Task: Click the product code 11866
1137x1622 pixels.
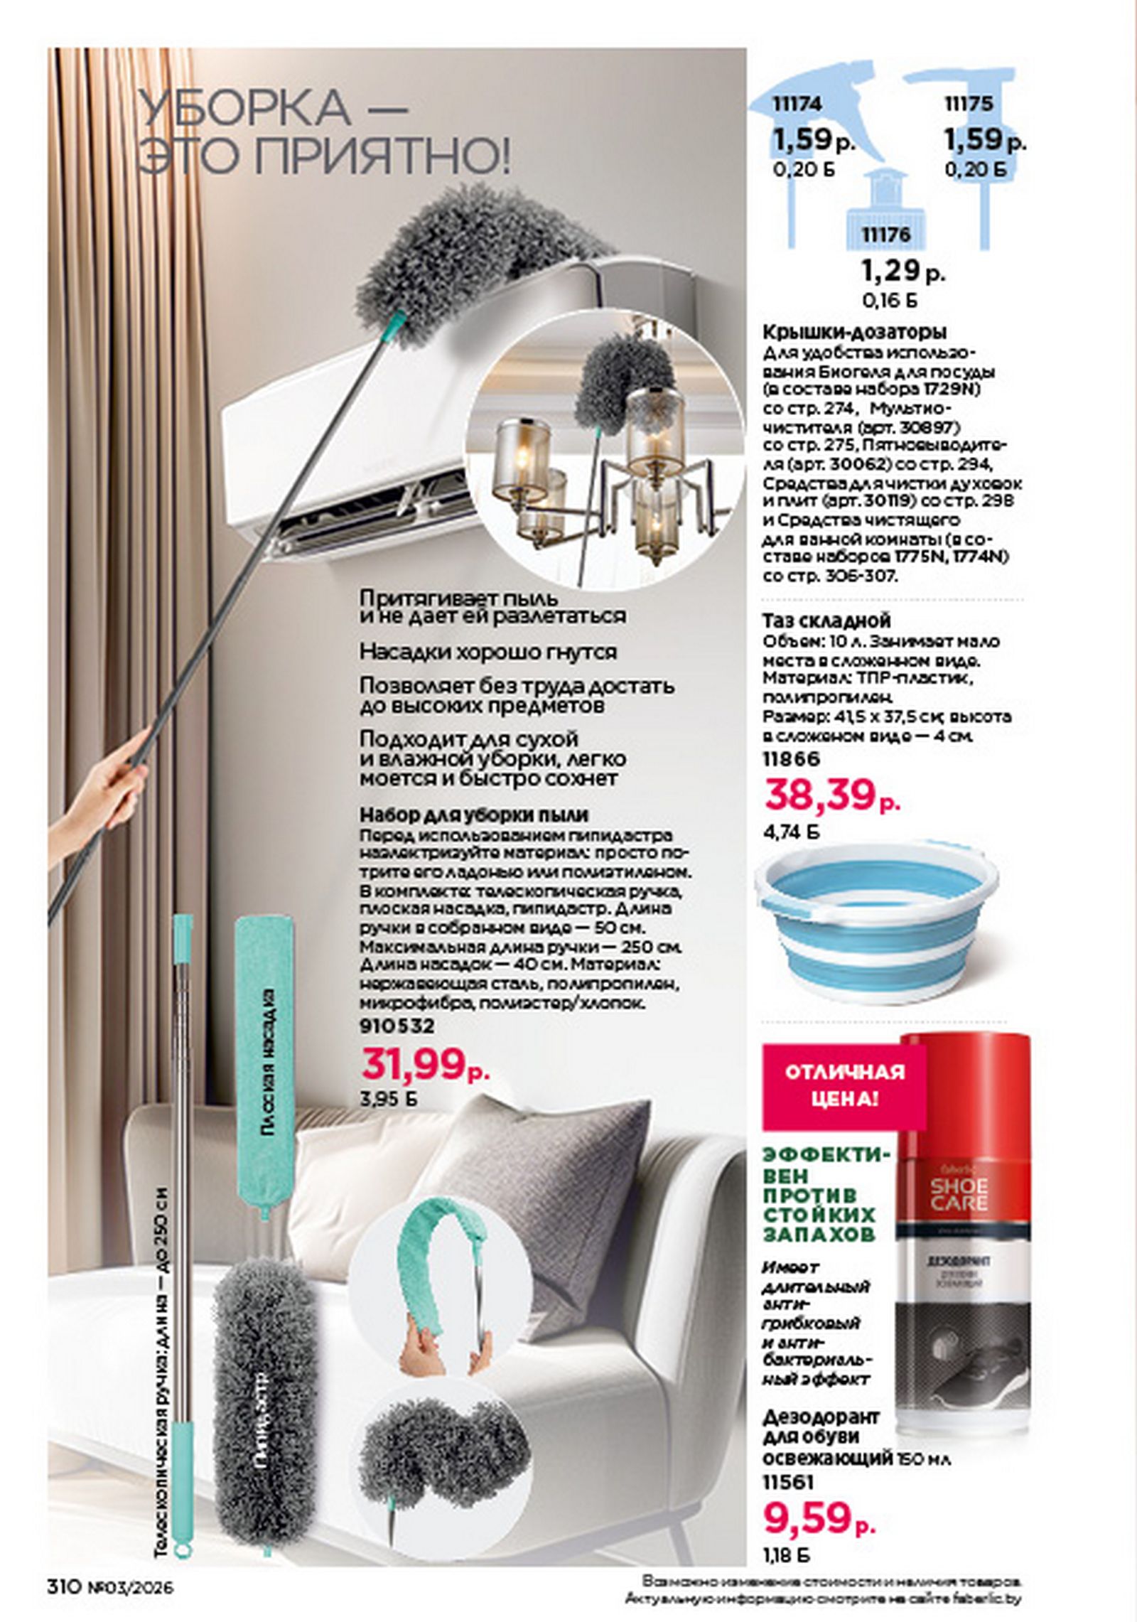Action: point(791,759)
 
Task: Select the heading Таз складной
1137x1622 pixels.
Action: point(826,621)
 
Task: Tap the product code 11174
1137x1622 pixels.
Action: point(797,104)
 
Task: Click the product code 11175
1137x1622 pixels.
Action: point(969,104)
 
